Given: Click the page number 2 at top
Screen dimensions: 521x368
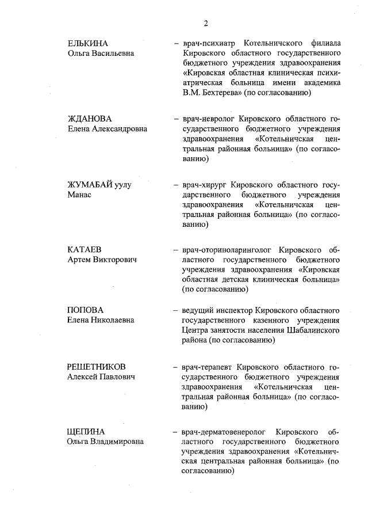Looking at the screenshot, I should coord(205,23).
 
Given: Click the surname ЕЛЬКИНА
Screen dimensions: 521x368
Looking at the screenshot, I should coord(88,43).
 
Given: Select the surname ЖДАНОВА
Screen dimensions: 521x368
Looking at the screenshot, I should coord(90,119).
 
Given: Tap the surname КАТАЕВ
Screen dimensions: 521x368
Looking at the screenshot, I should coord(85,250).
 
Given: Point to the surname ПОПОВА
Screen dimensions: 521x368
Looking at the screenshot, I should coord(86,310).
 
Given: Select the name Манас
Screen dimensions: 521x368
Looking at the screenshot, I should coord(80,195).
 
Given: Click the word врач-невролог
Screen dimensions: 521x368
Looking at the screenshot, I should coord(209,119).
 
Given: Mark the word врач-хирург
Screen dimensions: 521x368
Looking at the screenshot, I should coord(205,185).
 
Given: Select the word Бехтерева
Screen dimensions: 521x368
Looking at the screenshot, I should coord(220,92).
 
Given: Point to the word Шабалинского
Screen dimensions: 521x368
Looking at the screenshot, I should coord(316,330).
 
